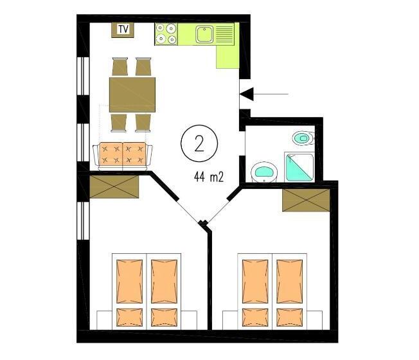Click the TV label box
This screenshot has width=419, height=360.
pos(122,29)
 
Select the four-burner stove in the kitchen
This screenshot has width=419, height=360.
pos(166,34)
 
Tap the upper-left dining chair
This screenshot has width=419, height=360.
pos(120,67)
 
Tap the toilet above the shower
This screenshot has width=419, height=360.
pos(302,137)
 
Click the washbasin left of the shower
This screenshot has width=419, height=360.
pos(263,171)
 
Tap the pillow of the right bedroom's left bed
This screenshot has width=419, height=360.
pos(254,317)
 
